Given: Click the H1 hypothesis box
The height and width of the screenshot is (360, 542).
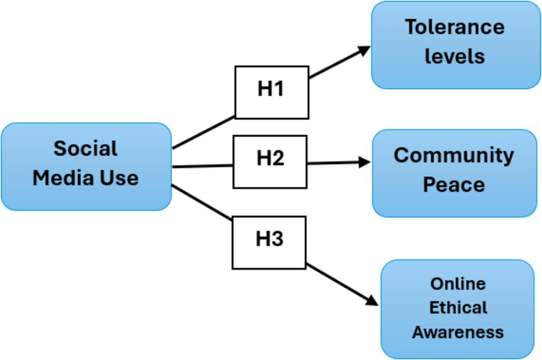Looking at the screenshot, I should tap(271, 92).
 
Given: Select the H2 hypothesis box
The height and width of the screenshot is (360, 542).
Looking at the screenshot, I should tap(270, 161).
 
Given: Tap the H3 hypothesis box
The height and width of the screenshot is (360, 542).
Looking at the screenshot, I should tap(269, 242).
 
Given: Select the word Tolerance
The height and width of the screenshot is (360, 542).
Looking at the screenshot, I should tap(454, 27).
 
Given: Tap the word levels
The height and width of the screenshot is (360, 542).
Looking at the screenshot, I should tap(455, 56).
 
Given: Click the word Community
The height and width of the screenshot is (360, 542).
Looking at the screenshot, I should tap(453, 155).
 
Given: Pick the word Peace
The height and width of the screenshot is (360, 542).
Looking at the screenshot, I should tap(453, 185).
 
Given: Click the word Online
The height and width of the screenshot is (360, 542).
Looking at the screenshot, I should tap(457, 284).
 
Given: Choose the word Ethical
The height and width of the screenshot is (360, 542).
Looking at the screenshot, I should tap(457, 308).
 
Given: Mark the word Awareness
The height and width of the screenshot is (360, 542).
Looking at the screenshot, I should tap(457, 332).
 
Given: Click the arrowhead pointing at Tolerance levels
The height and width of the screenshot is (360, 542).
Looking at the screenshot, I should tap(364, 50).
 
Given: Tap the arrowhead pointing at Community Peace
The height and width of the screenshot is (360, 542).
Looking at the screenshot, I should tap(364, 162).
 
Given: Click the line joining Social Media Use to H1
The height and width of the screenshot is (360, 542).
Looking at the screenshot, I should tap(204, 133).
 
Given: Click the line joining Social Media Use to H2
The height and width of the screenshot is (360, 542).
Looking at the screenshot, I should tap(202, 166).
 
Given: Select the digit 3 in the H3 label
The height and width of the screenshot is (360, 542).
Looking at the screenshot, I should tap(277, 240).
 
